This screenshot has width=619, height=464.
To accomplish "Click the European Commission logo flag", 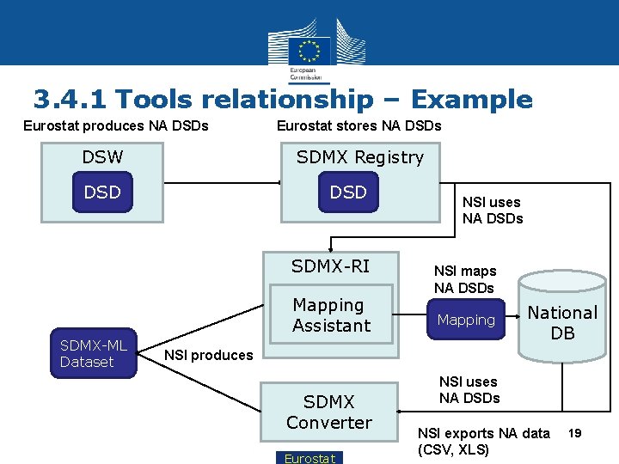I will (x=309, y=49).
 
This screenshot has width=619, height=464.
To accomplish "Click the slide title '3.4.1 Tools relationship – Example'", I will (x=283, y=100).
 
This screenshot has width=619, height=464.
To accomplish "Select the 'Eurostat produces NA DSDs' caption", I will (x=115, y=125).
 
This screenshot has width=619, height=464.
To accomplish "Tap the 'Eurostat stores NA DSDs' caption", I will (x=359, y=125).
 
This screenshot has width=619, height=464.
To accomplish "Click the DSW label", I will (x=102, y=157).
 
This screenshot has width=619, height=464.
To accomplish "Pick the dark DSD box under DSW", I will (x=102, y=192).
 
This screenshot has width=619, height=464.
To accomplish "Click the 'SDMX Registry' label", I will (x=359, y=157).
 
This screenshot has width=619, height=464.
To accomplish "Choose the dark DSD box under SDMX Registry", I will (x=348, y=192).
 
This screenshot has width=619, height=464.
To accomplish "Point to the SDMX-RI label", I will (x=330, y=266).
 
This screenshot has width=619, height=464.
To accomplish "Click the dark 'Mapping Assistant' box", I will (x=331, y=315).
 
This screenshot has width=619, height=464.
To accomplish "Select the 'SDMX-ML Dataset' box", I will (x=93, y=353).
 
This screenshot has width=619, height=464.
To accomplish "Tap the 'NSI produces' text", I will (x=209, y=355).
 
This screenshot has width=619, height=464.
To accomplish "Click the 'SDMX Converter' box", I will (x=329, y=412).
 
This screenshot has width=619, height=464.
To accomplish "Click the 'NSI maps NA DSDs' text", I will (x=463, y=279).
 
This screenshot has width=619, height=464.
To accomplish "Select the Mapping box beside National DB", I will (x=466, y=320).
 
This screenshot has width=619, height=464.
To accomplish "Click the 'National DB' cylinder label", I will (x=562, y=323).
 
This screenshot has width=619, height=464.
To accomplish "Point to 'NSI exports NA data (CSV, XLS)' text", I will (x=483, y=442).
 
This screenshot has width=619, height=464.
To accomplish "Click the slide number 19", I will (x=574, y=434).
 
